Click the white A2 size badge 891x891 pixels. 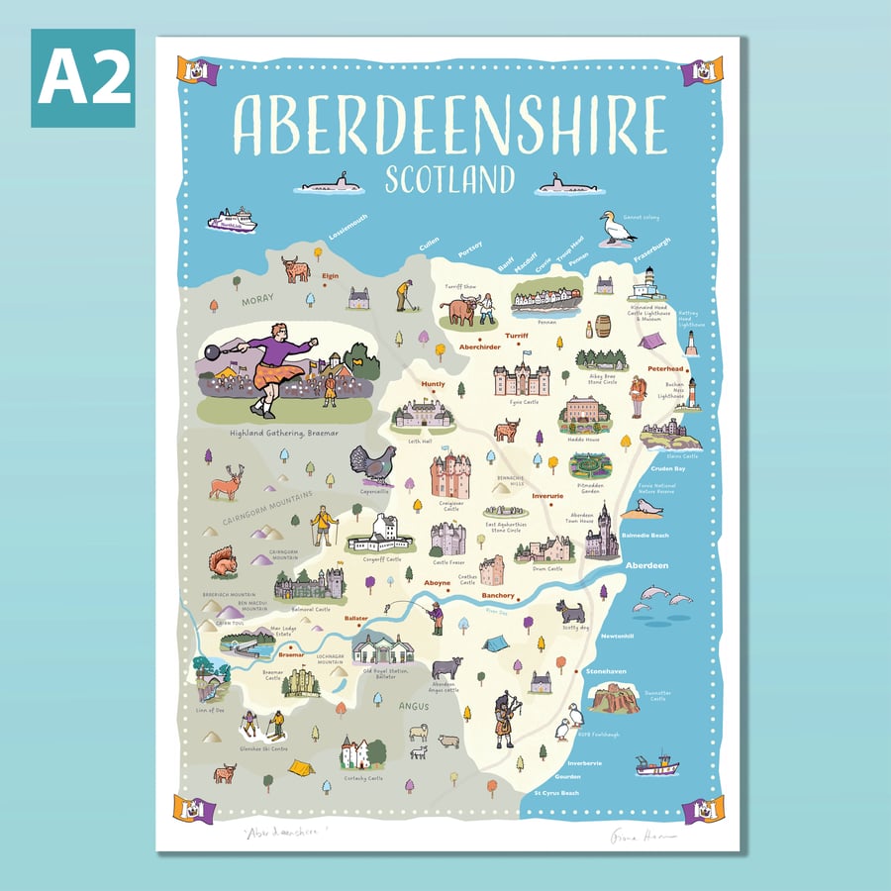82,78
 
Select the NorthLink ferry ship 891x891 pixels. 232,220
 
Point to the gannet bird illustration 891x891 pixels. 617,228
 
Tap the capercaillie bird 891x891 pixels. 370,463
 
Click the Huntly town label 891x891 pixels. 434,384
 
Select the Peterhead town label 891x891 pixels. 666,368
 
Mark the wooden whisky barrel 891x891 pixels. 602,326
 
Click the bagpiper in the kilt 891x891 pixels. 506,718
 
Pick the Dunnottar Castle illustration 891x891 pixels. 614,699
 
